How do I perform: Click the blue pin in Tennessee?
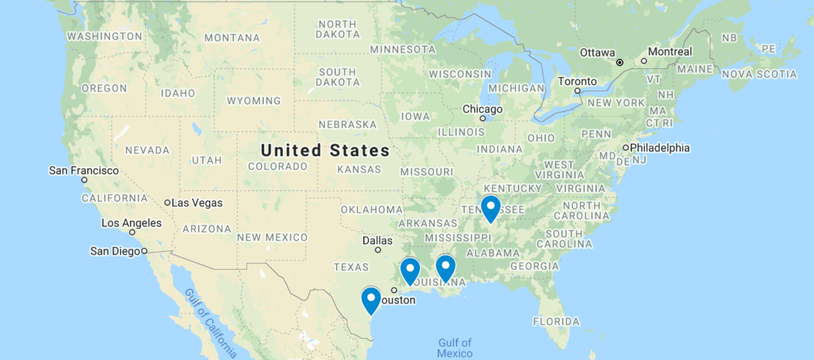pyautogui.click(x=490, y=207)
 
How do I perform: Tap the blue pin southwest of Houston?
pyautogui.click(x=371, y=300)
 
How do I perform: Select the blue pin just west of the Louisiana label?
pyautogui.click(x=410, y=270)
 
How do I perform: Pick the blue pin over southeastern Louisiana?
pyautogui.click(x=446, y=267)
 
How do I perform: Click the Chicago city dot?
pyautogui.click(x=482, y=118)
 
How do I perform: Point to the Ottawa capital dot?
pyautogui.click(x=619, y=63)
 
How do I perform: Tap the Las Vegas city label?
pyautogui.click(x=197, y=203)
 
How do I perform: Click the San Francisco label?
pyautogui.click(x=84, y=171)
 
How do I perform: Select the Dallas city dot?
pyautogui.click(x=378, y=250)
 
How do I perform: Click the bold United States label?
pyautogui.click(x=325, y=151)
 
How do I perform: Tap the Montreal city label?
pyautogui.click(x=670, y=52)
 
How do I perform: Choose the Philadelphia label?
pyautogui.click(x=660, y=148)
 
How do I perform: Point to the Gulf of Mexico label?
pyautogui.click(x=455, y=348)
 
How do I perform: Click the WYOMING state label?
pyautogui.click(x=254, y=101)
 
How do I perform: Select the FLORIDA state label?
pyautogui.click(x=556, y=321)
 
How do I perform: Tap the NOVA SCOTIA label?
pyautogui.click(x=759, y=75)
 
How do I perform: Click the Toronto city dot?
pyautogui.click(x=578, y=91)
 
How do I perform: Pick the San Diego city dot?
pyautogui.click(x=144, y=251)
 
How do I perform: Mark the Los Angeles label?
pyautogui.click(x=131, y=223)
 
